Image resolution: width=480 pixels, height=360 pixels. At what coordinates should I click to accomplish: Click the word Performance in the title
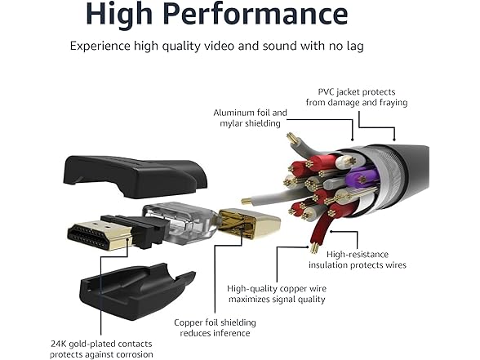point(255,14)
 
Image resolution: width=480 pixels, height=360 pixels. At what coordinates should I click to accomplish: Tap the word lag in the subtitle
point(355,47)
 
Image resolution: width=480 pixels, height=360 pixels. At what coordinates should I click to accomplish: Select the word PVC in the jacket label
point(327,91)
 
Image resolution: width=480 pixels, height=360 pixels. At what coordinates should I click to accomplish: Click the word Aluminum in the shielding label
point(233,113)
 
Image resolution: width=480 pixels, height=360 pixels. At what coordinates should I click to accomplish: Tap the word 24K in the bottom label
point(58,344)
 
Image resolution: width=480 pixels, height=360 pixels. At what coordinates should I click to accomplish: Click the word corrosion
point(135,354)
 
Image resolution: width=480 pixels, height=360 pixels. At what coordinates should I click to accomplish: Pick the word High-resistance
point(358,255)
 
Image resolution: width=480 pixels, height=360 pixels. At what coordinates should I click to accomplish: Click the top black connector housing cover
point(136,176)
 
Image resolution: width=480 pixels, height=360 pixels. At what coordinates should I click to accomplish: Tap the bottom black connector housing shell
point(136,291)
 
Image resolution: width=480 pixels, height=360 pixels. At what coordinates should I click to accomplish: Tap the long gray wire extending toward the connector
point(276,196)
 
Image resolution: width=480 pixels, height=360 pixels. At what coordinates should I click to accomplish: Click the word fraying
point(393,103)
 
